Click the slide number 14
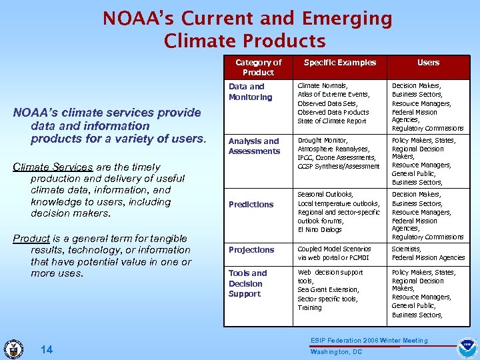[x=46, y=349]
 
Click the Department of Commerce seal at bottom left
[x=13, y=349]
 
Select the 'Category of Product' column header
[x=258, y=67]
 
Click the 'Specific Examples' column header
[x=340, y=63]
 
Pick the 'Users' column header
[x=428, y=63]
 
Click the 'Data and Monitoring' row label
[x=250, y=92]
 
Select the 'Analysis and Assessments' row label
[x=254, y=146]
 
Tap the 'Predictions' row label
[x=251, y=205]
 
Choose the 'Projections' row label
[x=251, y=250]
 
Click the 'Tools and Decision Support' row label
[x=247, y=283]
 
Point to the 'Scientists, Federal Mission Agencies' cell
[x=428, y=253]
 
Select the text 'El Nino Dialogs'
[x=320, y=230]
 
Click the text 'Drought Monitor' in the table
[x=323, y=141]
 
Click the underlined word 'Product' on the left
[x=31, y=238]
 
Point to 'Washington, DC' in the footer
[x=336, y=352]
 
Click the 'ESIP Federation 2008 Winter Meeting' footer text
[x=369, y=341]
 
